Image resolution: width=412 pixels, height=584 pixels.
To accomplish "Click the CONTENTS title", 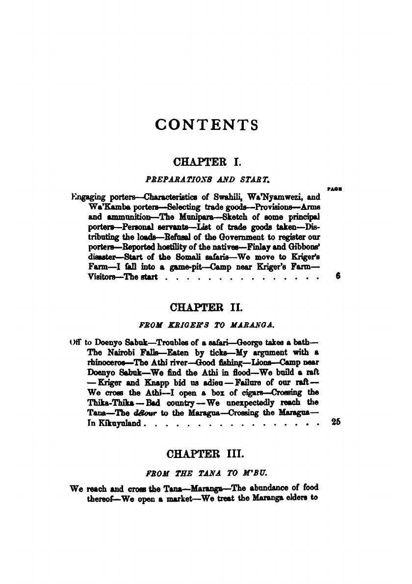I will coord(206,125).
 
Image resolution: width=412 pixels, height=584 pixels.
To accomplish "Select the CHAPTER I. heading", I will coord(206,161).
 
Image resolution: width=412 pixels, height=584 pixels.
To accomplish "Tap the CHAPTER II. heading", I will coord(206,308).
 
